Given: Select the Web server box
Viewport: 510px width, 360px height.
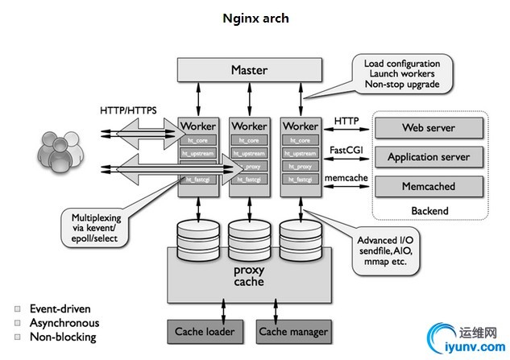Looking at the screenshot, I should pos(429,127).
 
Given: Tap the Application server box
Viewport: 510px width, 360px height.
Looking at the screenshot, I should pos(429,156).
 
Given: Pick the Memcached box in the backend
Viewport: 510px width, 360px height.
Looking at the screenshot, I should pos(429,186).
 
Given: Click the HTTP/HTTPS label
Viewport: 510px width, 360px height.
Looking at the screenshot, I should pos(129,109).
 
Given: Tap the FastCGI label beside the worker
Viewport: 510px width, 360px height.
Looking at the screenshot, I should pos(348,150).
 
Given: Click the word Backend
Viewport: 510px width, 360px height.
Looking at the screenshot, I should pos(429,211).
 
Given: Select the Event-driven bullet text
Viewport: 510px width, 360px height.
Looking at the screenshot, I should pos(60,308).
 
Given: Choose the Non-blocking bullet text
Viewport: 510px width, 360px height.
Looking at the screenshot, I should pos(62,337).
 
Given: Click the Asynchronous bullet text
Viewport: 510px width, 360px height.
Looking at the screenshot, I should pos(64,322).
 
